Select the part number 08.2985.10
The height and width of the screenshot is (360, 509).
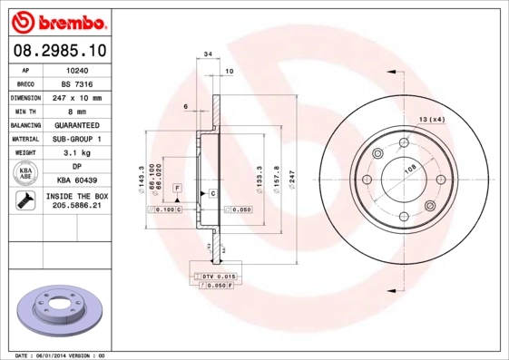coord(57,51)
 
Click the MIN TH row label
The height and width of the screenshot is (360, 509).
coord(25,111)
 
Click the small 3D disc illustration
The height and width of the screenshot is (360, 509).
coord(57,310)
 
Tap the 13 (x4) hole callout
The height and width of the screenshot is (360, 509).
coord(432,119)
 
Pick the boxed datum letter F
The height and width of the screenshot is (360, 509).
coord(178,187)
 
